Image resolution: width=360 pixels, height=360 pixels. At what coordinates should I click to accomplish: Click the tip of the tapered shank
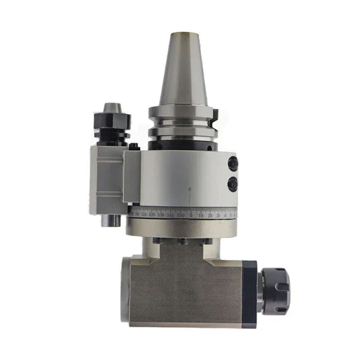tap(183, 33)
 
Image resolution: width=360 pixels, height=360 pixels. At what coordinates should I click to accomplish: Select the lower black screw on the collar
tap(233, 184)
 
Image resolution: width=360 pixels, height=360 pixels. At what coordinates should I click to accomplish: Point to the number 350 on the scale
tap(180, 216)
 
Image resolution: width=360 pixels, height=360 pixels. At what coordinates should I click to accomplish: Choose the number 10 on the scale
tap(201, 216)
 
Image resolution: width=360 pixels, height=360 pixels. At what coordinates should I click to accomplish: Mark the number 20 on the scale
tap(210, 216)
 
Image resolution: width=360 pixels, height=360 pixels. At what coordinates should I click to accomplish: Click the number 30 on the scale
tap(219, 216)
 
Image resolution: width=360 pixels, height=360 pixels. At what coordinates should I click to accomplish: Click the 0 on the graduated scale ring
tap(191, 216)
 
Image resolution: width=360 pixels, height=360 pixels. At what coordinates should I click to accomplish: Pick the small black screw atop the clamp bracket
tap(133, 147)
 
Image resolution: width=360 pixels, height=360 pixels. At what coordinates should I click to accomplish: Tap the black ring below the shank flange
tap(182, 145)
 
